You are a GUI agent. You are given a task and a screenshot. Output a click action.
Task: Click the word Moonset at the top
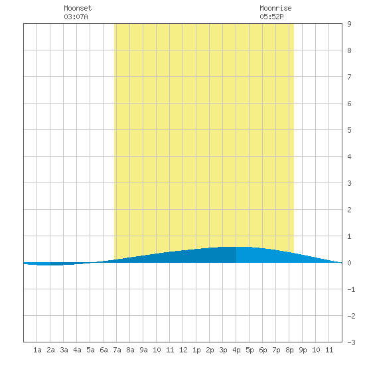pyautogui.click(x=78, y=8)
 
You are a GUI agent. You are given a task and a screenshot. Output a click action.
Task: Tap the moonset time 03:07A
pyautogui.click(x=76, y=17)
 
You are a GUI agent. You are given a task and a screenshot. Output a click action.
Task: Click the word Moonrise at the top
pyautogui.click(x=275, y=8)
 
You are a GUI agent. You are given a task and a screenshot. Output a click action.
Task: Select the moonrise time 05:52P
pyautogui.click(x=271, y=17)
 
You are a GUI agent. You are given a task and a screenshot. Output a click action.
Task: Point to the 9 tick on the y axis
pyautogui.click(x=349, y=24)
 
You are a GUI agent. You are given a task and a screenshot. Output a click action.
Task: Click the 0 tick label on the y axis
pyautogui.click(x=349, y=263)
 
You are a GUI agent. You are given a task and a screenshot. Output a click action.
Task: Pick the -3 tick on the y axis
pyautogui.click(x=351, y=342)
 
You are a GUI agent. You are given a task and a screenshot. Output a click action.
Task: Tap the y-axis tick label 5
pyautogui.click(x=349, y=130)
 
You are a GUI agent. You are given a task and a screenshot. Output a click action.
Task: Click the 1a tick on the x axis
pyautogui.click(x=37, y=350)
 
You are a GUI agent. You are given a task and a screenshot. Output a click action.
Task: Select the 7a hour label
pyautogui.click(x=117, y=350)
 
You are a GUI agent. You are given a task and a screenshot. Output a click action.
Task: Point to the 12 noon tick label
pyautogui.click(x=183, y=350)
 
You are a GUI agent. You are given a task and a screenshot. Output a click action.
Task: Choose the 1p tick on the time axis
pyautogui.click(x=196, y=350)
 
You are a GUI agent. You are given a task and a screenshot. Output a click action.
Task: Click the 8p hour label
pyautogui.click(x=289, y=350)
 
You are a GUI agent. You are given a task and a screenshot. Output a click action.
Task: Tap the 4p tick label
pyautogui.click(x=236, y=350)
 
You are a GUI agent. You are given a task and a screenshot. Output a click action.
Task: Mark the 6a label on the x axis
pyautogui.click(x=104, y=350)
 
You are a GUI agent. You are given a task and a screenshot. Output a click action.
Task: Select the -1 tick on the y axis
pyautogui.click(x=351, y=289)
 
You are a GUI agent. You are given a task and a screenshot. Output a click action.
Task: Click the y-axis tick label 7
pyautogui.click(x=349, y=77)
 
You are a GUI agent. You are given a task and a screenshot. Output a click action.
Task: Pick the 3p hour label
pyautogui.click(x=223, y=350)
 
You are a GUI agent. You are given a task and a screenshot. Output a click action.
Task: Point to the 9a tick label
pyautogui.click(x=143, y=350)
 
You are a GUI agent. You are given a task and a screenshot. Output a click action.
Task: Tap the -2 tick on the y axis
pyautogui.click(x=351, y=316)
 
